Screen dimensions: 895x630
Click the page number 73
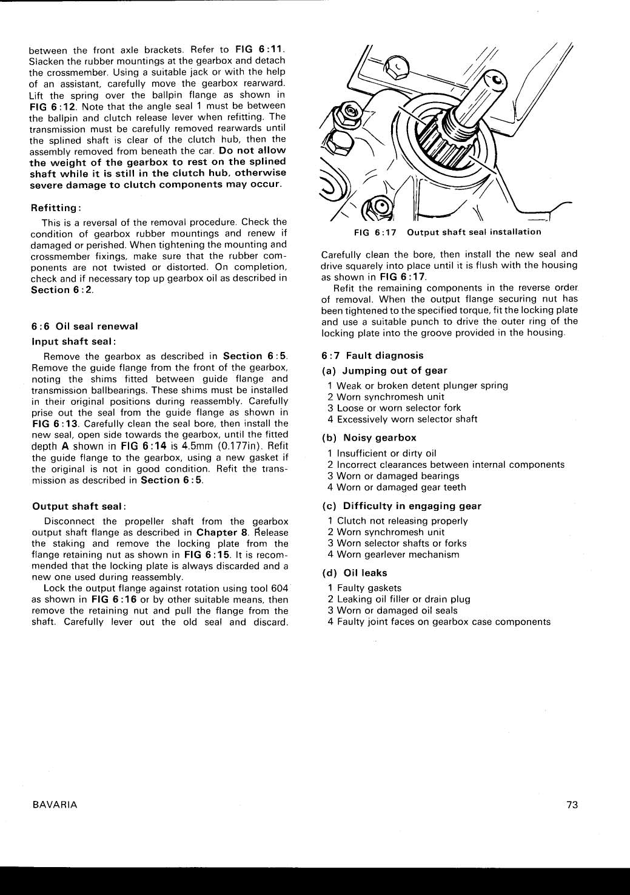(x=572, y=805)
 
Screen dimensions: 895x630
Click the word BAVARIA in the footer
(x=55, y=805)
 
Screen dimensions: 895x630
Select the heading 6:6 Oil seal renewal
(x=85, y=326)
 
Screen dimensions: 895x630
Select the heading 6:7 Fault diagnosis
(x=372, y=356)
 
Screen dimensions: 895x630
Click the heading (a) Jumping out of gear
(x=384, y=370)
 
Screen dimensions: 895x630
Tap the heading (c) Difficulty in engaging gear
(x=401, y=505)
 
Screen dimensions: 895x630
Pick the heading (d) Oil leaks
(x=355, y=573)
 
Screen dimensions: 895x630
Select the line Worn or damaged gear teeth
(x=401, y=487)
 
